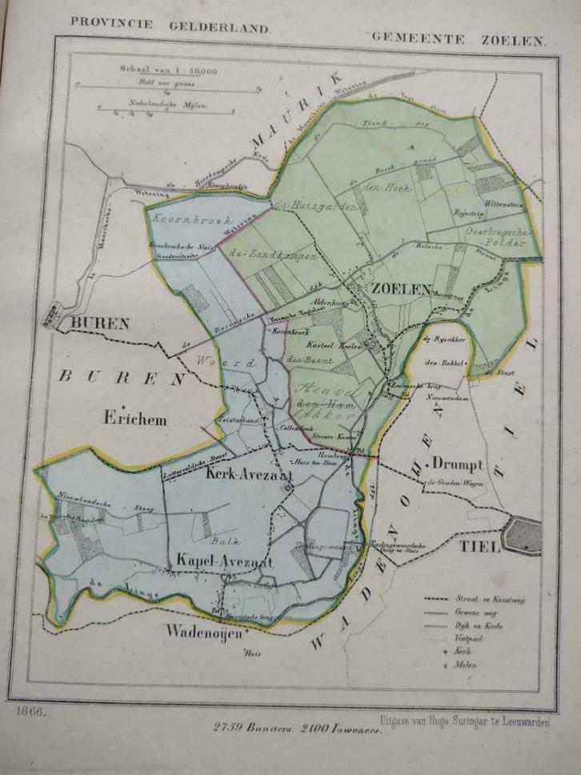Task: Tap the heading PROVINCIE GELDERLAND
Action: pyautogui.click(x=170, y=23)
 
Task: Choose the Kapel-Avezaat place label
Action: pyautogui.click(x=225, y=562)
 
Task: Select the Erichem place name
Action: pyautogui.click(x=133, y=417)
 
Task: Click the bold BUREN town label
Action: pyautogui.click(x=100, y=324)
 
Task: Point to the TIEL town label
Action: pyautogui.click(x=480, y=548)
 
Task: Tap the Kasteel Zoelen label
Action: pyautogui.click(x=332, y=344)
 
